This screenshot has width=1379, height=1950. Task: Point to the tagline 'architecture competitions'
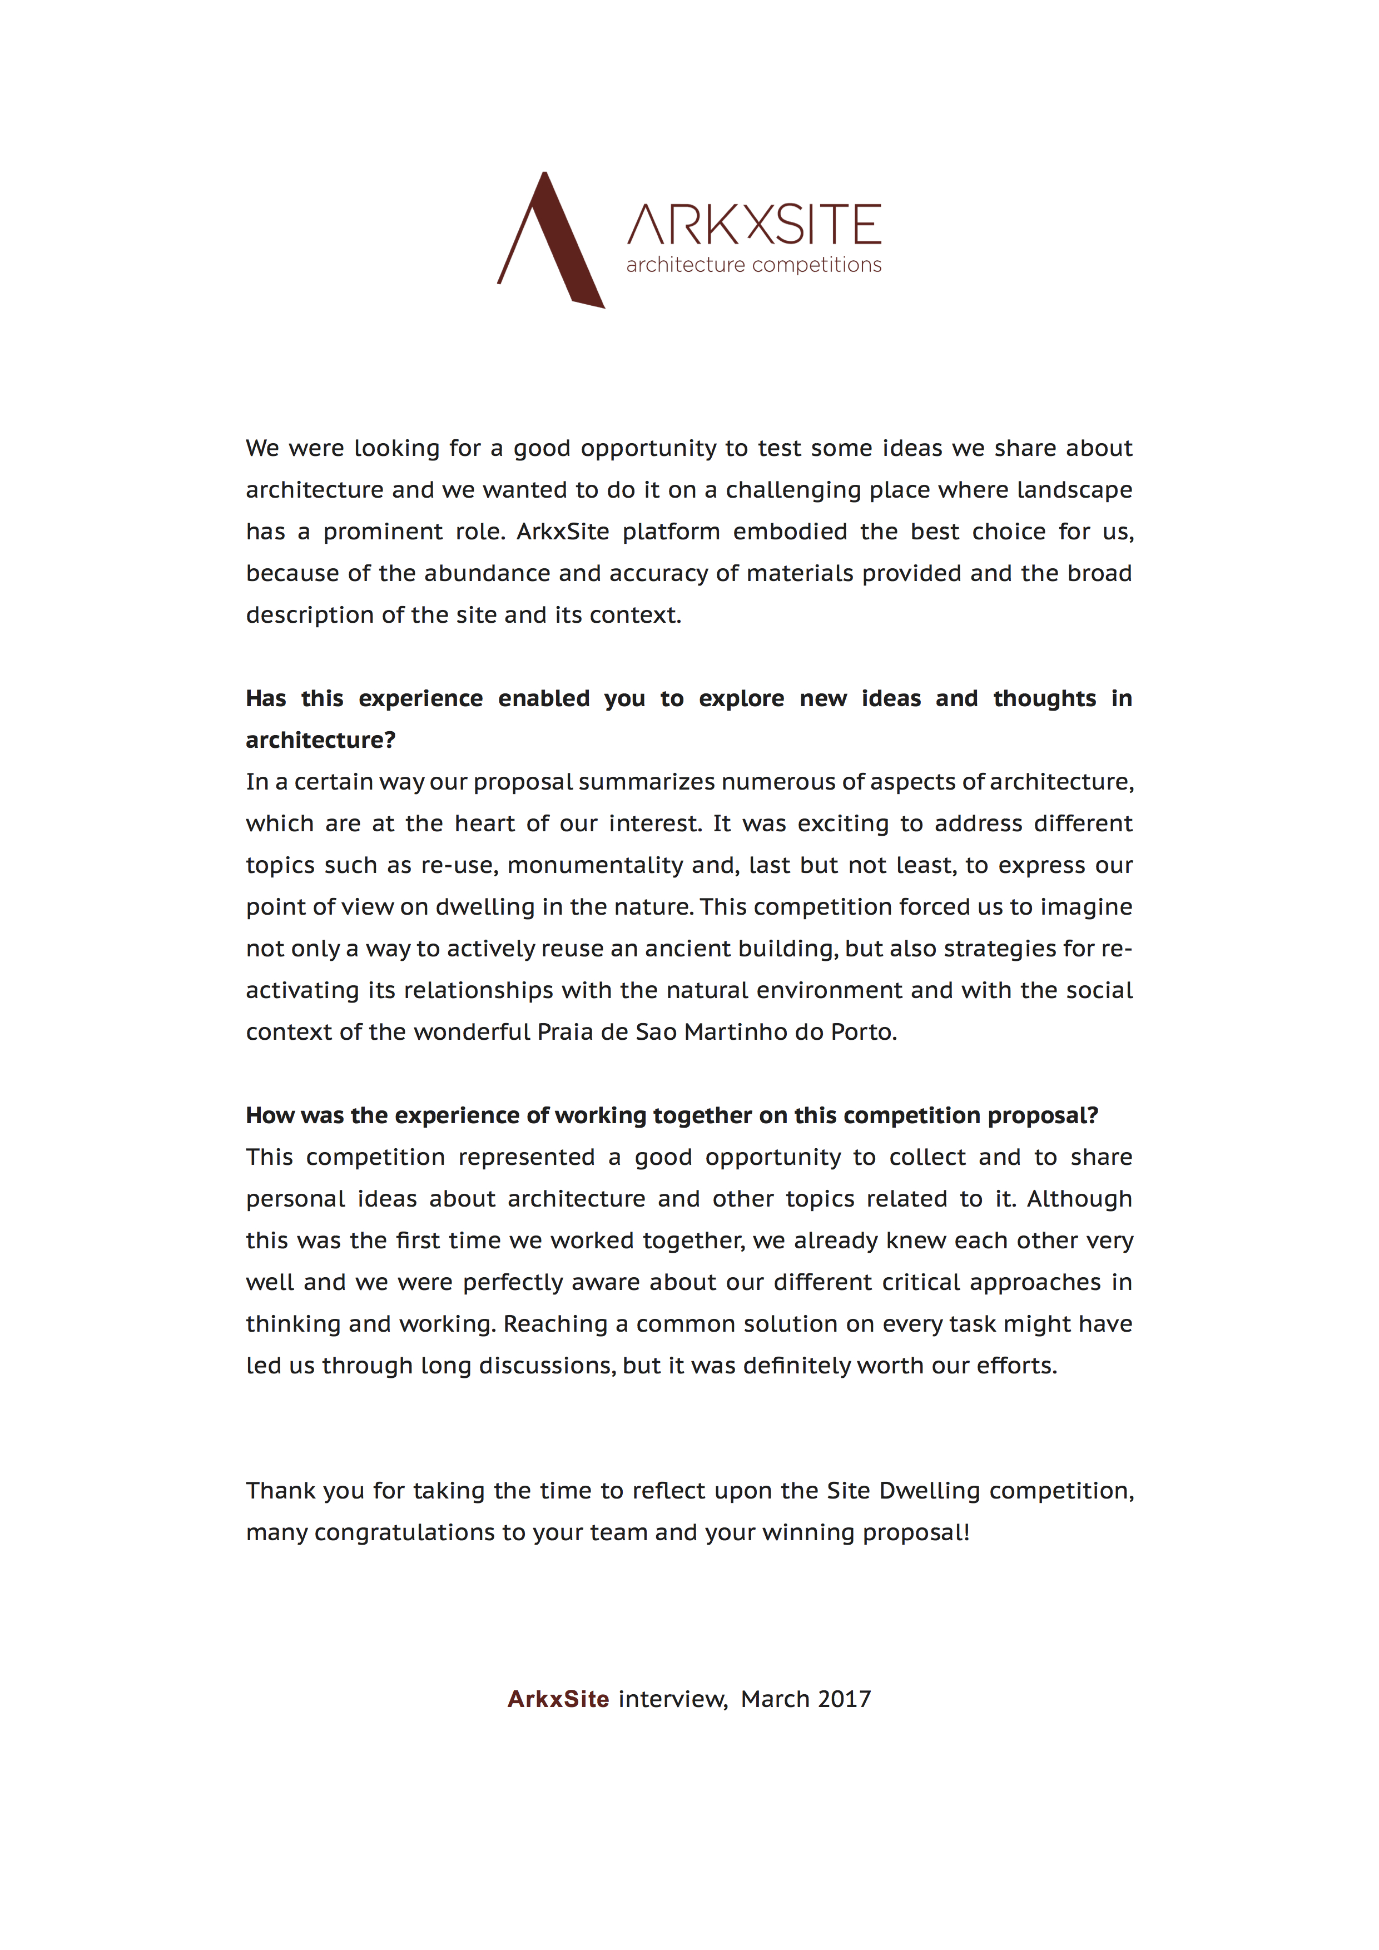click(753, 265)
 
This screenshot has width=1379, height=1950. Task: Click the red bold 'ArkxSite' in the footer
click(558, 1699)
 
